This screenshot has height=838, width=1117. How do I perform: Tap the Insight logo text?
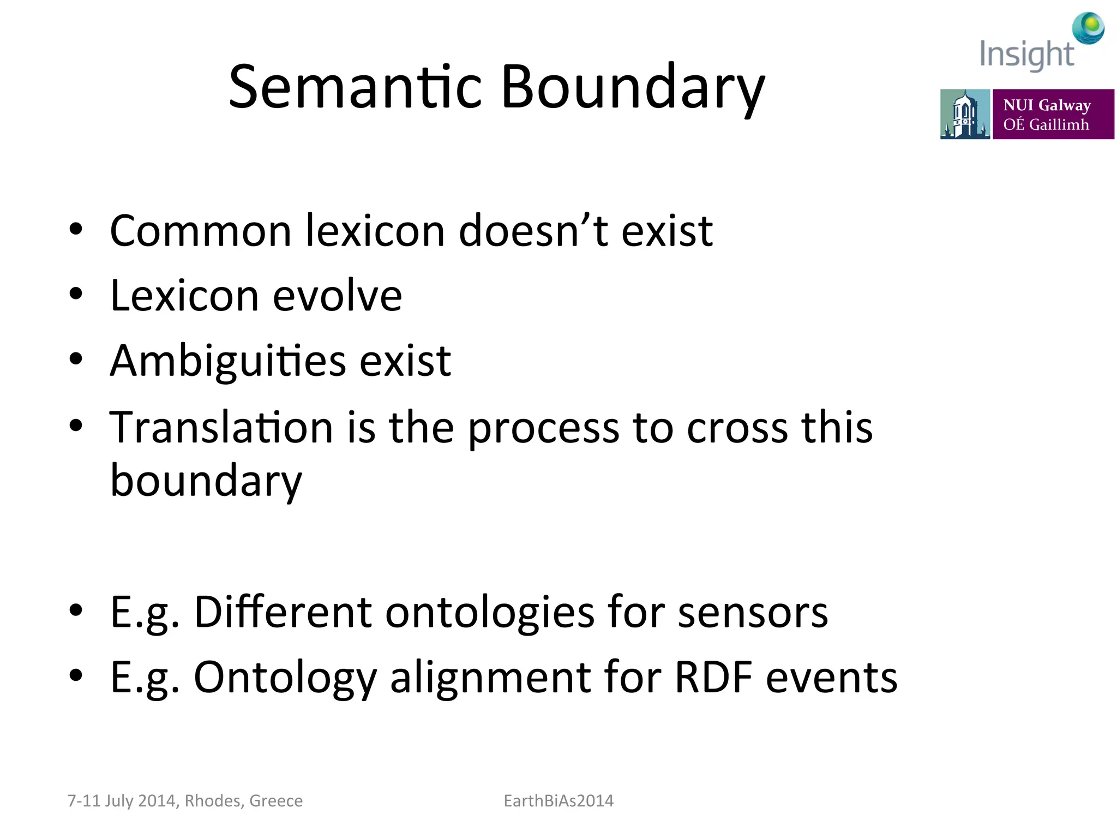pos(1026,55)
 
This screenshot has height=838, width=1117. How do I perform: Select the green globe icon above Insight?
pos(1088,27)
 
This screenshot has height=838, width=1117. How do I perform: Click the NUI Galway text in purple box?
pos(1047,105)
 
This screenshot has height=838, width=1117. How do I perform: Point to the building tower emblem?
pos(964,114)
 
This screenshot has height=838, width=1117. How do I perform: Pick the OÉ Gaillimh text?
pos(1046,124)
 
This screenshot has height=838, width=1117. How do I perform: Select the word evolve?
pos(337,296)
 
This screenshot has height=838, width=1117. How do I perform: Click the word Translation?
pos(221,427)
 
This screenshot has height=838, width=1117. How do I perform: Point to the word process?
pos(543,428)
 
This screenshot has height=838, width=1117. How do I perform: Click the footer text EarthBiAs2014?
pos(558,800)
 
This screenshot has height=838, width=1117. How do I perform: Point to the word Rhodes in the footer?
pos(213,800)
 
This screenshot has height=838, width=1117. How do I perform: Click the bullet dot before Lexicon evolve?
pos(76,294)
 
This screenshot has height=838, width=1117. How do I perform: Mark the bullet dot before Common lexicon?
pos(76,229)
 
